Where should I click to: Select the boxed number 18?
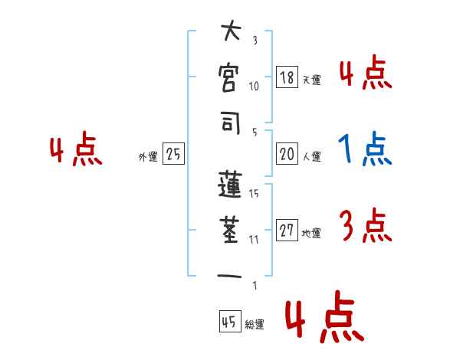287,77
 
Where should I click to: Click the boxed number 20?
287,154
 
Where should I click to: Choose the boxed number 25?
173,155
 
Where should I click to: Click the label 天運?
312,80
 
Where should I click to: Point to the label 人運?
312,156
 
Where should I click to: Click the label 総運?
255,324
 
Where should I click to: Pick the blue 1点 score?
365,149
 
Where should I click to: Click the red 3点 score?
365,226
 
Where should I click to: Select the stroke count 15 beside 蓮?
254,194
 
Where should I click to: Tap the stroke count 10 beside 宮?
254,86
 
